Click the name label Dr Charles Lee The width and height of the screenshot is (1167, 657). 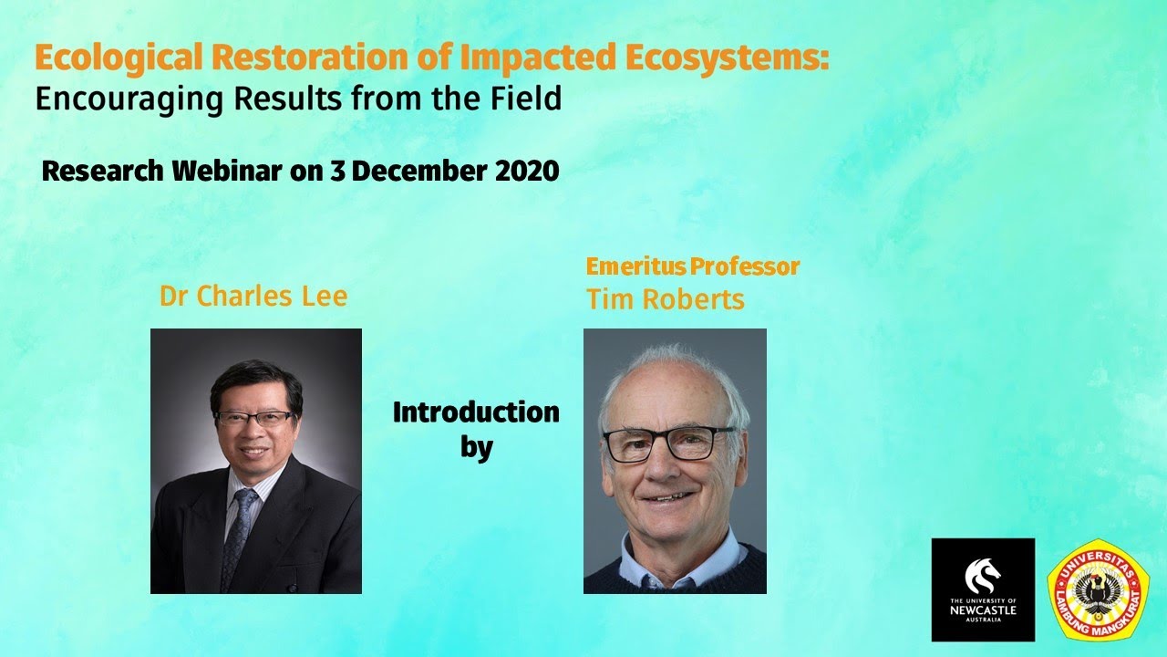point(253,297)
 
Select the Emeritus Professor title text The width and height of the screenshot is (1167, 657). point(692,266)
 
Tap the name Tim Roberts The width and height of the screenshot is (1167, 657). point(665,299)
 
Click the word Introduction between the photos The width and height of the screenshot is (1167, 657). point(475,412)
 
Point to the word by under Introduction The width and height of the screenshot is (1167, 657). point(477,448)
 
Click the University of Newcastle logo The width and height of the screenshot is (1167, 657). point(983,589)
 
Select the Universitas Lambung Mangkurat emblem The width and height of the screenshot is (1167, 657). point(1098,589)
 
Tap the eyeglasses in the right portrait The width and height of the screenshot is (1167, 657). point(670,443)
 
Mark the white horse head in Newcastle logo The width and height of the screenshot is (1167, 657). point(984,575)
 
